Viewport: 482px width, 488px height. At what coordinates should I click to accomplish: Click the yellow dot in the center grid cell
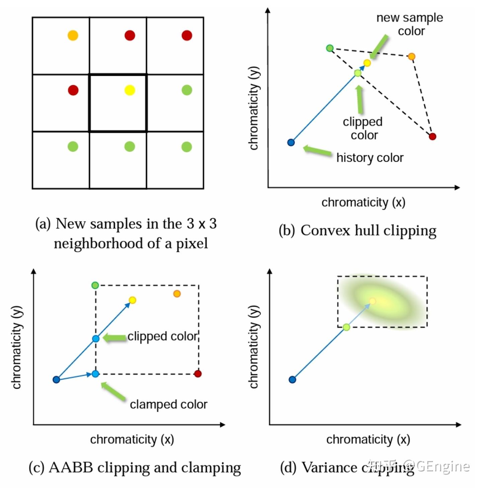click(130, 90)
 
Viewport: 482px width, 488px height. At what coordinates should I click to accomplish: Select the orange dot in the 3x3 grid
click(73, 35)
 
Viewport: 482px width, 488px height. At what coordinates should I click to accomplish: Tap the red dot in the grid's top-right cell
click(187, 35)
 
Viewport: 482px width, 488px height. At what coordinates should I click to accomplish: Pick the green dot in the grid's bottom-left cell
click(73, 147)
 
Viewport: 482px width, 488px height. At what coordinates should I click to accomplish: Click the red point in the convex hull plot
click(432, 136)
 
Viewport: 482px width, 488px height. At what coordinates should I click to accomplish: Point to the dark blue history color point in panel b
click(291, 142)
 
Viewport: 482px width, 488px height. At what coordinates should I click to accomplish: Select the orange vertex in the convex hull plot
click(411, 56)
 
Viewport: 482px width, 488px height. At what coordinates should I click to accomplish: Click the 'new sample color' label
click(410, 24)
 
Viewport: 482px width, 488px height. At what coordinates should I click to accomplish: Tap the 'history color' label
click(370, 158)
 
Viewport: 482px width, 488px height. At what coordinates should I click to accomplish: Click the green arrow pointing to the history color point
click(317, 151)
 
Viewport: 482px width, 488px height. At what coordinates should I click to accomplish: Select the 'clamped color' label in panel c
click(168, 404)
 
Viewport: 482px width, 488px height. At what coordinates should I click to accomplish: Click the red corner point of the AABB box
click(198, 374)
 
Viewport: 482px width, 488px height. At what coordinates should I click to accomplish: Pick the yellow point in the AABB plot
click(133, 300)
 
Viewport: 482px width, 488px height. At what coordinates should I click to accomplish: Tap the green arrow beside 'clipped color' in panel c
click(114, 338)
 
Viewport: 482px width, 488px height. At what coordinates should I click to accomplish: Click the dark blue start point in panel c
click(56, 379)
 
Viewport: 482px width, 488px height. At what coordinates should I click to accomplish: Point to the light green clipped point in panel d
click(346, 327)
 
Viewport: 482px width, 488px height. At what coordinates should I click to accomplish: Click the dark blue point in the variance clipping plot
click(292, 379)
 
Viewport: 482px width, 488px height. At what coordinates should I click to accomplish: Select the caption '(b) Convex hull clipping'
click(357, 231)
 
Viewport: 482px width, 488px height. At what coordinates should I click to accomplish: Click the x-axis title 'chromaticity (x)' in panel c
click(132, 439)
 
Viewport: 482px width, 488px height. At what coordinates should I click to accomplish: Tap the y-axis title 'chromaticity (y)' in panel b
click(254, 108)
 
